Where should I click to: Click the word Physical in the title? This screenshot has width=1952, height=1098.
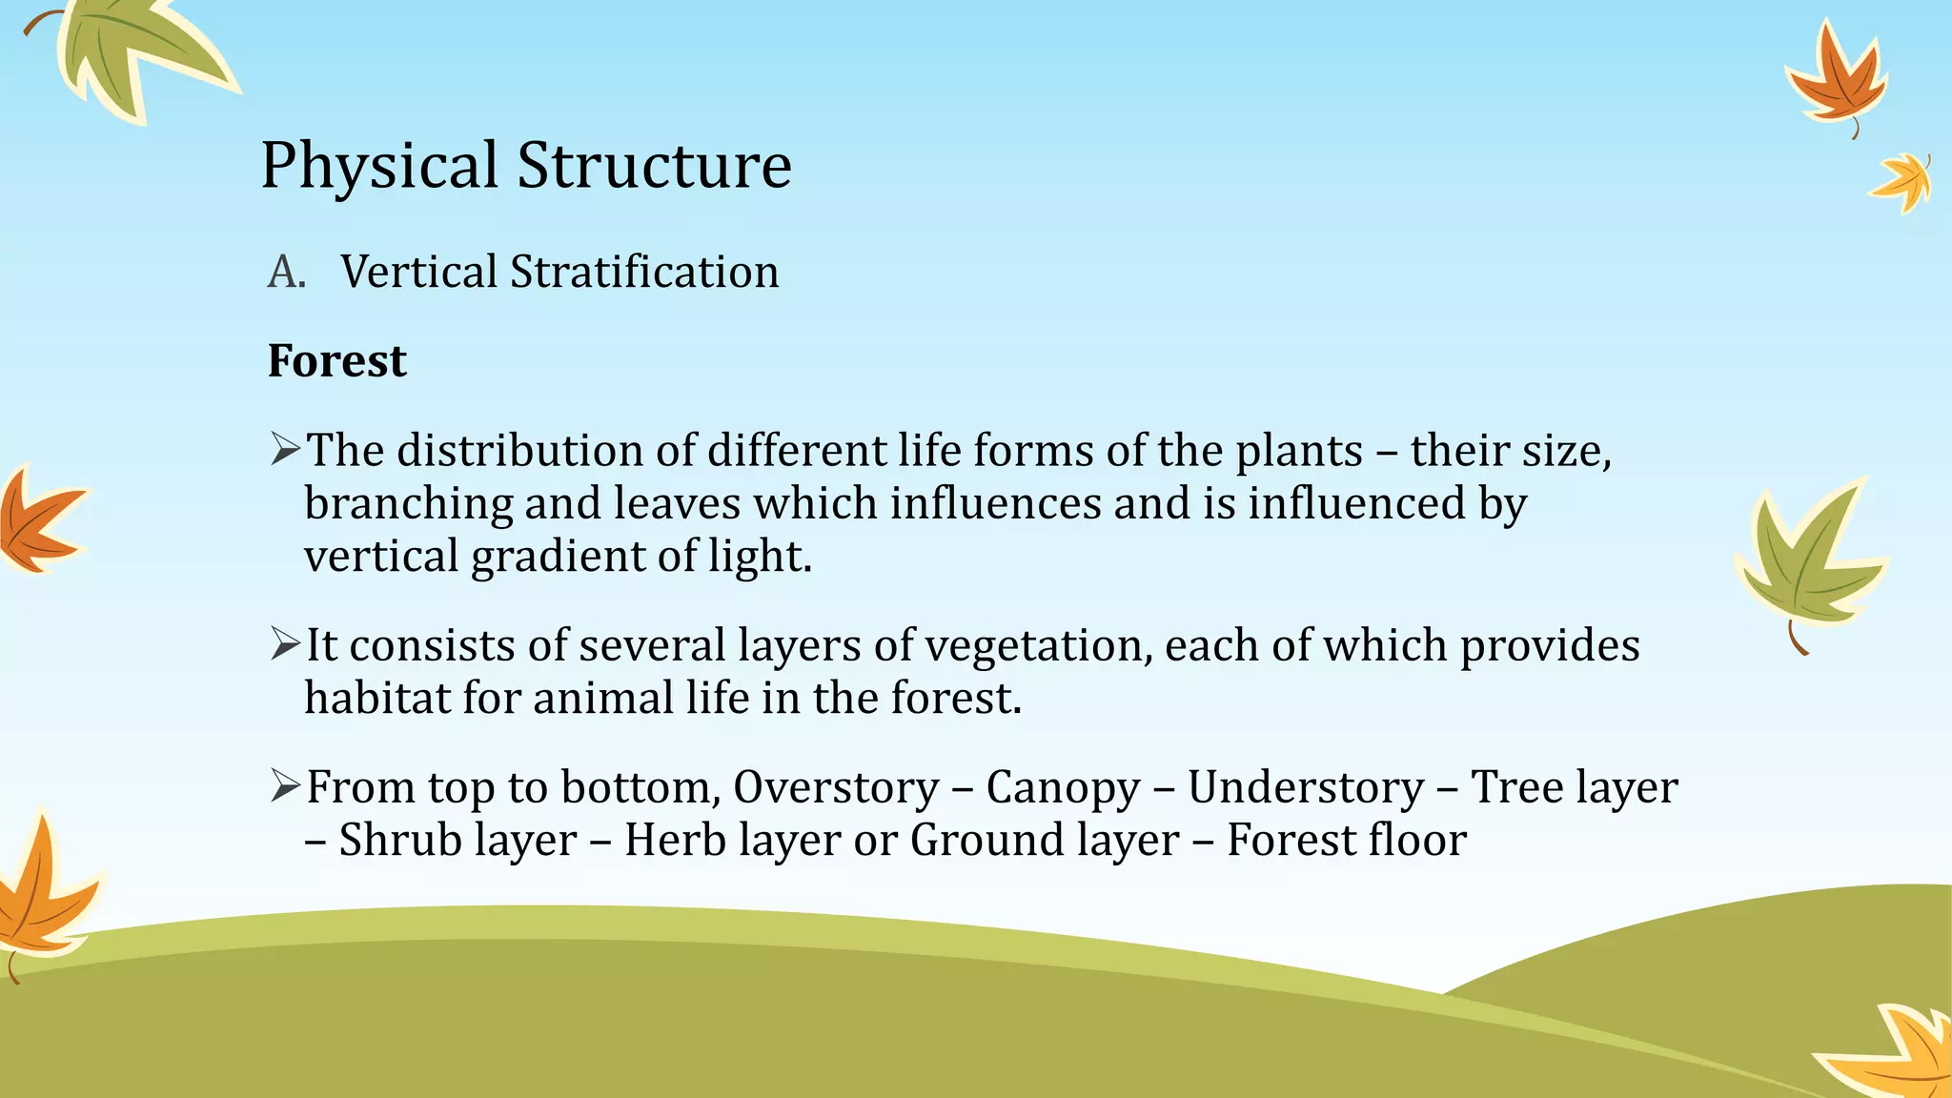coord(378,166)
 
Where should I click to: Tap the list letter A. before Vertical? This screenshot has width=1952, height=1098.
coord(286,273)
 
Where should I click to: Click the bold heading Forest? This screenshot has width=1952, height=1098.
coord(336,361)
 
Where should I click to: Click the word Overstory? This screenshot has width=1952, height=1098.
coord(836,787)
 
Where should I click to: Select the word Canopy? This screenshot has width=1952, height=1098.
coord(1063,787)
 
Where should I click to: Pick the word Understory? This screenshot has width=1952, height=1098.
coord(1305,787)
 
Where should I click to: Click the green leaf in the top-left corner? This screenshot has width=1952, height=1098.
coord(138,52)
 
